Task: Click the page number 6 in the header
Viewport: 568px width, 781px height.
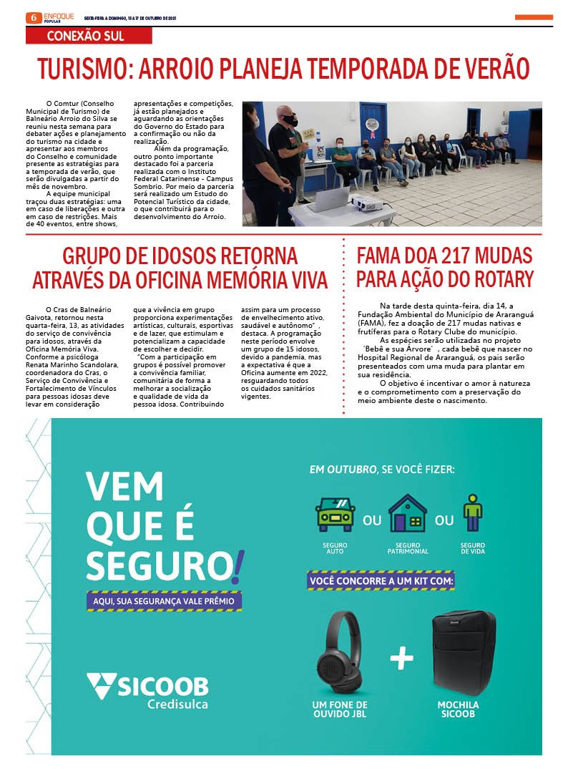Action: click(32, 17)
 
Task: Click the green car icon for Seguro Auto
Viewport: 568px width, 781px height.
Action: click(335, 514)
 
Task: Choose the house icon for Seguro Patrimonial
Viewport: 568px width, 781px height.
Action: click(407, 513)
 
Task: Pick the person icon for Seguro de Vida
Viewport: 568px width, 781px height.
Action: click(472, 513)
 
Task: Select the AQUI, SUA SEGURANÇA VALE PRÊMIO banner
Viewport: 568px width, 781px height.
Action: click(163, 601)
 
